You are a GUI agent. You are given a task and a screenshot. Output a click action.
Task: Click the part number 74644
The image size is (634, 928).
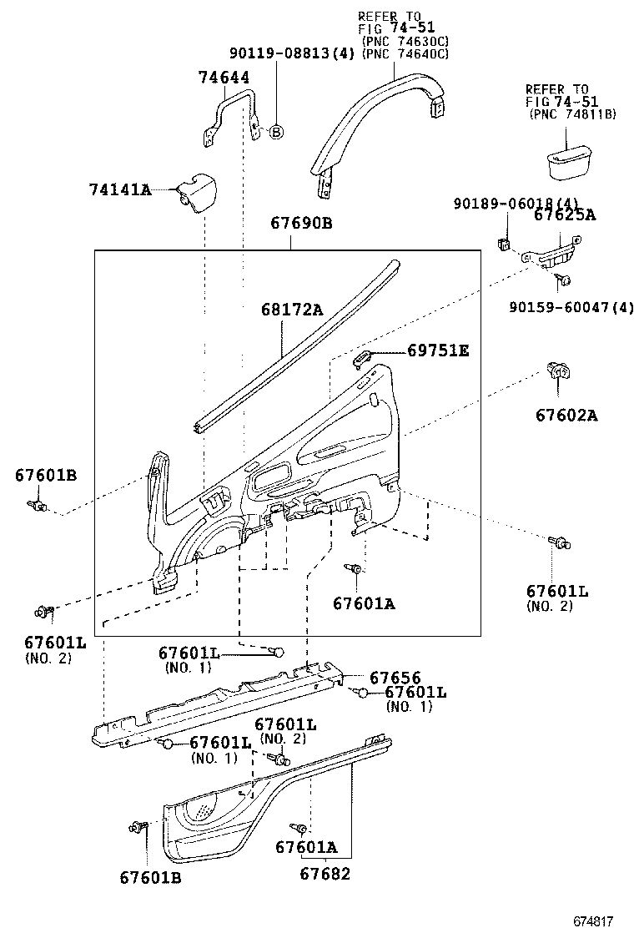[224, 78]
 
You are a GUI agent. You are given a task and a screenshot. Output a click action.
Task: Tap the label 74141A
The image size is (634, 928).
[120, 190]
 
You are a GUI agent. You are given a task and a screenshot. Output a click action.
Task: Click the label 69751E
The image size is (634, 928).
[438, 351]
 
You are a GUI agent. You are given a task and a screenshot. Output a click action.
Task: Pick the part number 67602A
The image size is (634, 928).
[566, 416]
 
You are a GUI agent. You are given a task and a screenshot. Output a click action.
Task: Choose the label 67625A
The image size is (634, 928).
[565, 215]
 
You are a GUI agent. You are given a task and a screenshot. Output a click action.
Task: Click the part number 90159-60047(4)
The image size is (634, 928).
[571, 308]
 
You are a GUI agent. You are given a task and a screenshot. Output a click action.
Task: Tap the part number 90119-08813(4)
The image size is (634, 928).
[292, 53]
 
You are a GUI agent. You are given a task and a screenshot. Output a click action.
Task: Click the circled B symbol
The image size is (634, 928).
[276, 131]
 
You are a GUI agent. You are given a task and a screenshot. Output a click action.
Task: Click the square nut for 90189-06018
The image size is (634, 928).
[504, 245]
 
